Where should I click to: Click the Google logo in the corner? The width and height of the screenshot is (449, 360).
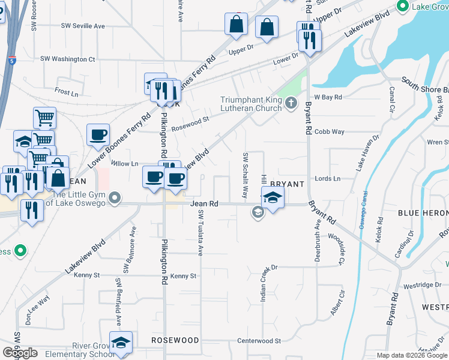tap(20, 353)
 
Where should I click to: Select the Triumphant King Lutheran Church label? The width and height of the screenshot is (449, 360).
tap(251, 104)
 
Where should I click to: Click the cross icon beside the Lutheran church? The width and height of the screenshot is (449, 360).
tap(291, 104)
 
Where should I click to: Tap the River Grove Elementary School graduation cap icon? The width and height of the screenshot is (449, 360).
tap(121, 342)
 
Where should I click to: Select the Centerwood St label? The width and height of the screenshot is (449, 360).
tap(259, 341)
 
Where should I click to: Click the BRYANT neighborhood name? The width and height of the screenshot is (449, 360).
tap(288, 183)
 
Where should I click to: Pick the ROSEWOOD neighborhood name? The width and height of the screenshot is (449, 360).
tap(175, 340)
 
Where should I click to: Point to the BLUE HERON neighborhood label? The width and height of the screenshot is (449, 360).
tap(423, 213)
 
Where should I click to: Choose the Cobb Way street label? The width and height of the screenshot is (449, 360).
tap(330, 131)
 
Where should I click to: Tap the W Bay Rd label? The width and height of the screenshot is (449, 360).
tap(328, 97)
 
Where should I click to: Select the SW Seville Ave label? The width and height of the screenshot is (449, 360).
tap(83, 26)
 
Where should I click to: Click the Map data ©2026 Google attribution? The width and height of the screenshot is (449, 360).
tap(412, 355)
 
